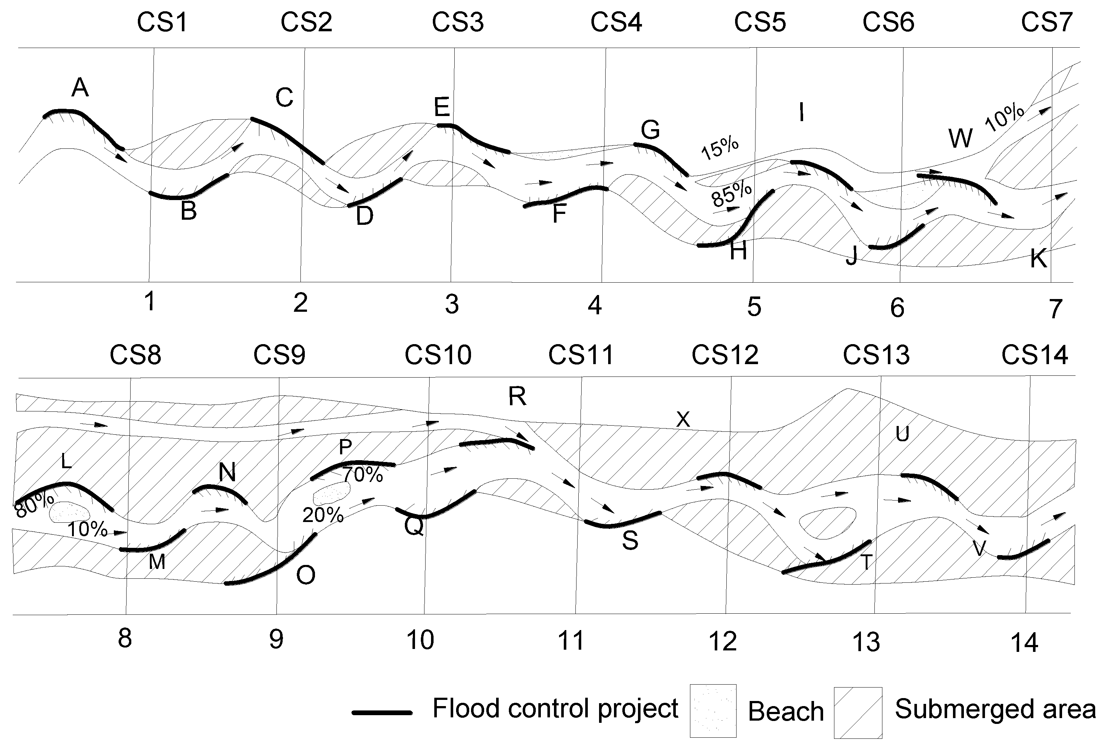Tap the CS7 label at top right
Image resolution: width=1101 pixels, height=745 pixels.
click(1046, 22)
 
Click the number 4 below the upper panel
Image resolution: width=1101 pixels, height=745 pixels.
click(595, 305)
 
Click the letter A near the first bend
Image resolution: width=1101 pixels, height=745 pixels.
click(80, 88)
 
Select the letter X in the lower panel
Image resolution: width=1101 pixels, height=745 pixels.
click(683, 419)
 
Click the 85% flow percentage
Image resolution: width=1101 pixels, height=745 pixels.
click(731, 194)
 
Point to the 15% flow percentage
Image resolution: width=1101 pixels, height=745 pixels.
click(719, 148)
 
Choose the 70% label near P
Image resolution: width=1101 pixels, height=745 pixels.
click(363, 474)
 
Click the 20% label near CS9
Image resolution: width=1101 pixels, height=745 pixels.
click(323, 515)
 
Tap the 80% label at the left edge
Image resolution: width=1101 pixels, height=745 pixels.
click(33, 504)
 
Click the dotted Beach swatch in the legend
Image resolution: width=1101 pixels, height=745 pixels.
click(713, 711)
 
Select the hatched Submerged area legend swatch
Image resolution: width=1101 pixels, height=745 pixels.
click(858, 712)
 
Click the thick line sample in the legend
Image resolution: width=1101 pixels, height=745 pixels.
click(382, 712)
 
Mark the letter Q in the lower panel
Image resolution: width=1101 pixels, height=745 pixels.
click(414, 526)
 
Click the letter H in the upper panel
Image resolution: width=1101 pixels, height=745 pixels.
click(738, 251)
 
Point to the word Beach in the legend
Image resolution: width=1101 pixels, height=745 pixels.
click(786, 712)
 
